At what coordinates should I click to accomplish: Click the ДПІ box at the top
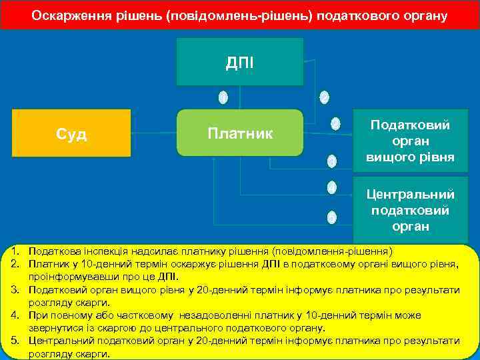coord(239,63)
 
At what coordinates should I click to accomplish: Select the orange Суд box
coord(71,134)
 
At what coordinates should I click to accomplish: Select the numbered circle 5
coord(331,217)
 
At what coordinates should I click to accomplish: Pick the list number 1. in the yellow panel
coord(15,251)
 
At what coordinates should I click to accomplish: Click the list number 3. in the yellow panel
coord(15,290)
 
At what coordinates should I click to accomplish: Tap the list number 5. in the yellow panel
coord(15,341)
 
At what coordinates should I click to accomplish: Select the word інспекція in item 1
coord(104,251)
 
